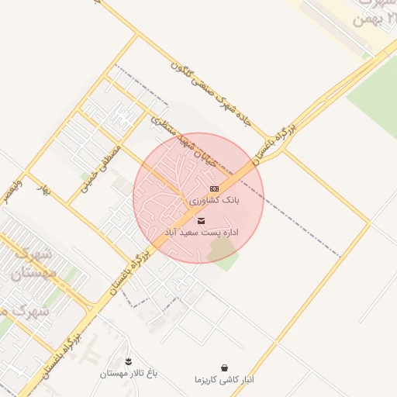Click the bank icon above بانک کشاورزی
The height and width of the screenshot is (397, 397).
(215, 188)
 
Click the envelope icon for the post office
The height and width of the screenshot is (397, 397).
(202, 221)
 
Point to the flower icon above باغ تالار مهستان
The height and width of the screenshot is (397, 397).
(128, 361)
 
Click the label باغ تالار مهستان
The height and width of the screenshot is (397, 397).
(128, 373)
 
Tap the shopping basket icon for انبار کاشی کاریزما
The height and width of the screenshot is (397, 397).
(225, 368)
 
